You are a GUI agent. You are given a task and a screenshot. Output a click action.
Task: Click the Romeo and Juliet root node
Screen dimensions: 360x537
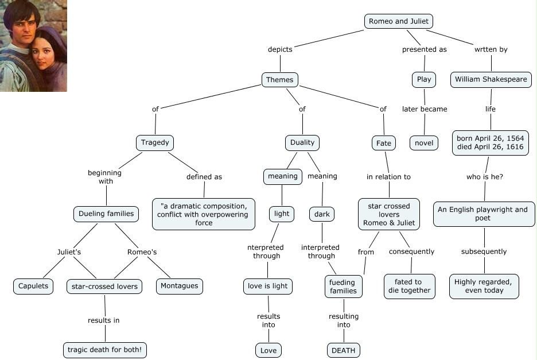pyautogui.click(x=398, y=21)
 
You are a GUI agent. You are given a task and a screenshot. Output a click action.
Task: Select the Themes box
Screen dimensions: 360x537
pyautogui.click(x=280, y=80)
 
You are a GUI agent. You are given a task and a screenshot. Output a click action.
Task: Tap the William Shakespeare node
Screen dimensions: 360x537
pyautogui.click(x=491, y=79)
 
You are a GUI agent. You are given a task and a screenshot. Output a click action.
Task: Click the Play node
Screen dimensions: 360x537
pyautogui.click(x=424, y=79)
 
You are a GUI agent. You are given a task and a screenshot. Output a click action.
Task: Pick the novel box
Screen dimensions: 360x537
pyautogui.click(x=424, y=142)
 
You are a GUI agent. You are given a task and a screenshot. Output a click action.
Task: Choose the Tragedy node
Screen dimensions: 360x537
pyautogui.click(x=155, y=142)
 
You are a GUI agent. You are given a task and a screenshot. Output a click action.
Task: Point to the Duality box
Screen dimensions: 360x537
pyautogui.click(x=302, y=142)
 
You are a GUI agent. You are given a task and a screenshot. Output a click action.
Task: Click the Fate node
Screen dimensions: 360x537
pyautogui.click(x=383, y=142)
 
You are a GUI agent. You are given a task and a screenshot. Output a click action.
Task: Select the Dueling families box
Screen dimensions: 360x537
pyautogui.click(x=106, y=214)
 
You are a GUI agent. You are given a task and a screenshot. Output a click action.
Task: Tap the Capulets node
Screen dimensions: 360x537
pyautogui.click(x=33, y=286)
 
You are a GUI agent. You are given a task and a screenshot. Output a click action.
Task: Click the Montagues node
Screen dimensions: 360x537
pyautogui.click(x=180, y=286)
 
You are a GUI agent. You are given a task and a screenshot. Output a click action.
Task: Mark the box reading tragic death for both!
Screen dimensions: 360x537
pyautogui.click(x=104, y=350)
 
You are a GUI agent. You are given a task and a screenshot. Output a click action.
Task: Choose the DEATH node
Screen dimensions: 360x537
pyautogui.click(x=344, y=350)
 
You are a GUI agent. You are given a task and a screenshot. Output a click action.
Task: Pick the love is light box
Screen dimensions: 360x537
pyautogui.click(x=268, y=286)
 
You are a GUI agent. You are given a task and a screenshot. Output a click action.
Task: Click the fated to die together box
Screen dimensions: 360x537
pyautogui.click(x=408, y=286)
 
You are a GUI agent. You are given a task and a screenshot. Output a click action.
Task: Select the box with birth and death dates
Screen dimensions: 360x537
pyautogui.click(x=491, y=142)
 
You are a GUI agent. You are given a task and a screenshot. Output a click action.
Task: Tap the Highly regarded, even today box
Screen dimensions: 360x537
pyautogui.click(x=484, y=286)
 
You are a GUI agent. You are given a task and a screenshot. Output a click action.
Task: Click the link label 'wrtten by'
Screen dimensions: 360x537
pyautogui.click(x=491, y=49)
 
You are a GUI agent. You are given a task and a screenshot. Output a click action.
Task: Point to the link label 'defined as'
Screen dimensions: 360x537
pyautogui.click(x=204, y=177)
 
